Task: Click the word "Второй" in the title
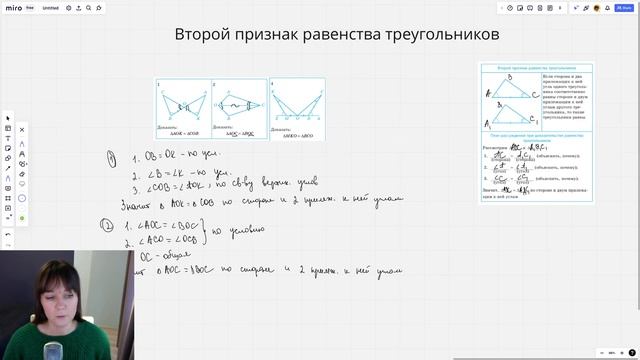[x=204, y=35]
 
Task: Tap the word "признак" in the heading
[x=277, y=35]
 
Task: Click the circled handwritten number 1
[x=112, y=157]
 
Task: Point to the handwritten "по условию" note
[x=241, y=229]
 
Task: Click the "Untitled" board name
[x=50, y=8]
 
